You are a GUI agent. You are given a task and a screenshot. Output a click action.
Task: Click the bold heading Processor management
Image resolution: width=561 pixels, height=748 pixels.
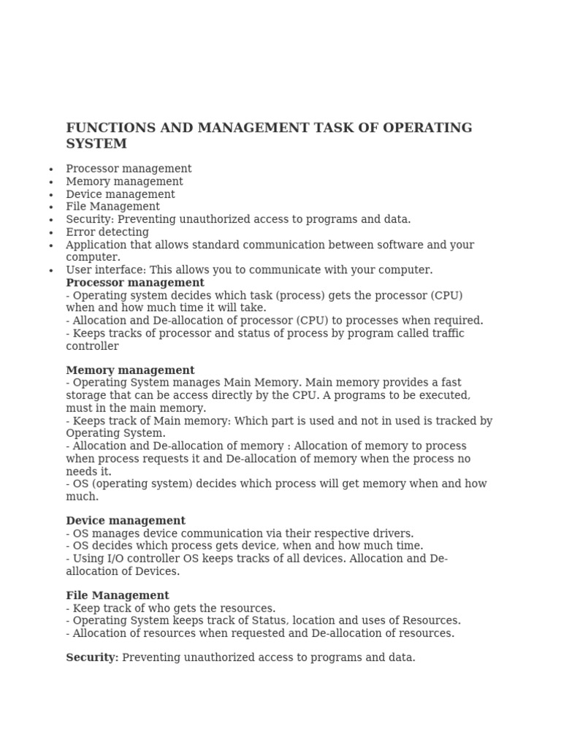[x=135, y=283]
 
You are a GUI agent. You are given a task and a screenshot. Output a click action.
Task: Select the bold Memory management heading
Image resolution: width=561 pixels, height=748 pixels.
[x=130, y=370]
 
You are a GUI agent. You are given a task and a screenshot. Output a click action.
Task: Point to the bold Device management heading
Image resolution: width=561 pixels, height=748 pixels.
[x=126, y=521]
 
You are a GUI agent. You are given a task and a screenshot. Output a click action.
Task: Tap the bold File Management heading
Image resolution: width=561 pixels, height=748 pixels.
[x=118, y=595]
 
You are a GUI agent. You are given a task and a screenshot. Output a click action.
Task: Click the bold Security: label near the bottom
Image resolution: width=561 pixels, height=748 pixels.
[x=92, y=657]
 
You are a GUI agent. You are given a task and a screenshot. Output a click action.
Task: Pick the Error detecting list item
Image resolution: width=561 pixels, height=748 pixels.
[x=107, y=232]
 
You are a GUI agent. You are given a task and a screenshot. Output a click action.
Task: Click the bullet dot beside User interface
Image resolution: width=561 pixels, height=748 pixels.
[x=51, y=270]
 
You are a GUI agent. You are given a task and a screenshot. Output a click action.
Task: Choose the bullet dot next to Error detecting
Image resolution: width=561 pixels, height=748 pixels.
[x=51, y=232]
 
